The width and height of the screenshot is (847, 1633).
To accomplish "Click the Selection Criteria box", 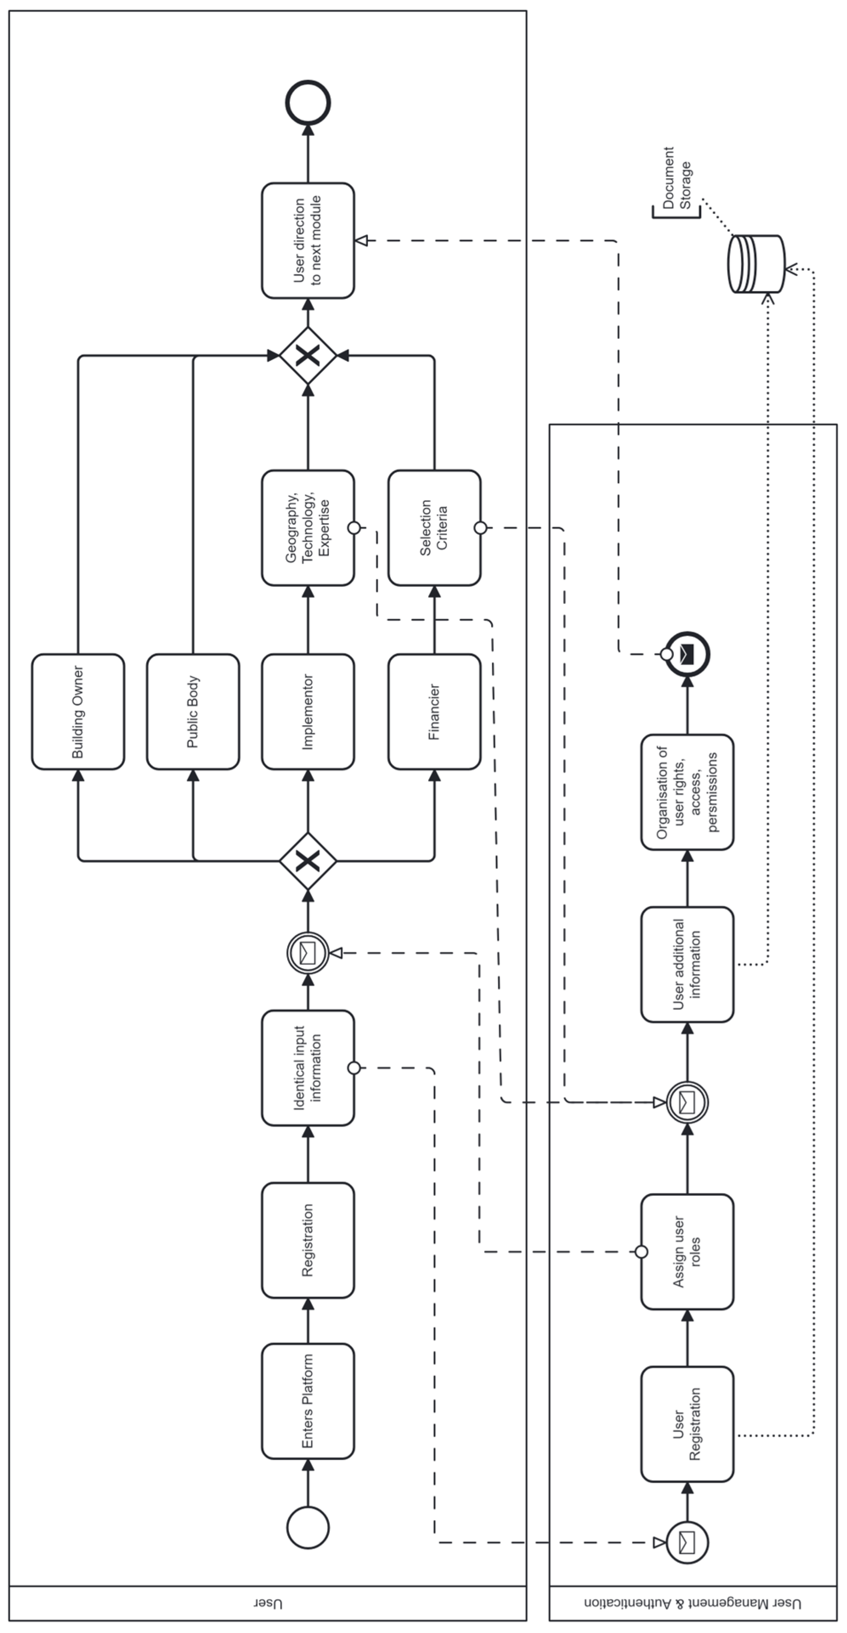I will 434,527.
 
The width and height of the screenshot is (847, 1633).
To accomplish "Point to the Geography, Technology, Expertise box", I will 308,527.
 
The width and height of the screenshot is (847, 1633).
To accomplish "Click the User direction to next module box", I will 308,240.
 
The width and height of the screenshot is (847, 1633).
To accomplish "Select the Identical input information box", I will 308,1068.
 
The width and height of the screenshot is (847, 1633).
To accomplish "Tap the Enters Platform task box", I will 308,1401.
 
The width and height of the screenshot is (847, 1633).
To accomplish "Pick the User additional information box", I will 687,964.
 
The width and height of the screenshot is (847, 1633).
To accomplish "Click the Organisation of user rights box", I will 687,792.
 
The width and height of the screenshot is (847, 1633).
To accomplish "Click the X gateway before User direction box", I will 308,356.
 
